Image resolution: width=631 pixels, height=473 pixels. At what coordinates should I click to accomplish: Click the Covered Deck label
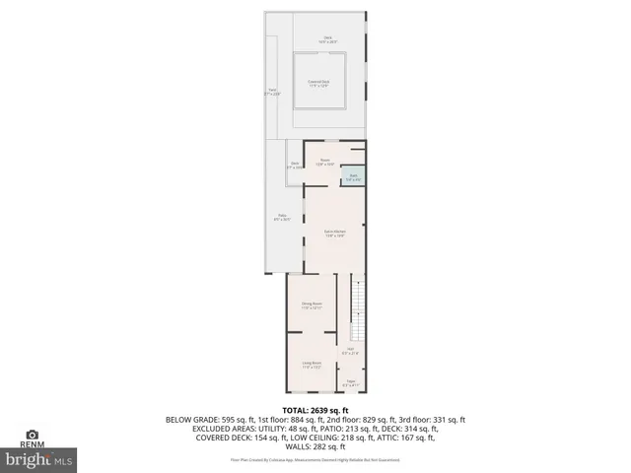(317, 83)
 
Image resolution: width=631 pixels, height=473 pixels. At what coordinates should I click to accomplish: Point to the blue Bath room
(353, 178)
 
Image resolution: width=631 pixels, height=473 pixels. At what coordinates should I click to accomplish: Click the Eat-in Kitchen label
(334, 234)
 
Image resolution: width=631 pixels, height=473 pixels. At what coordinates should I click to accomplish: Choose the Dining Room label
(312, 305)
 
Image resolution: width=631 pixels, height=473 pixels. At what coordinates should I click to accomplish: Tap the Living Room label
(312, 366)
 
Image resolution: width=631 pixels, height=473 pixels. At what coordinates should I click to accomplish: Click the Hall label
(349, 350)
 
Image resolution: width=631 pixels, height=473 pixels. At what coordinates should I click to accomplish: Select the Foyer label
(350, 382)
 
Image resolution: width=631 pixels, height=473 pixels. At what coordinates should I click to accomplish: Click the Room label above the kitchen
(324, 161)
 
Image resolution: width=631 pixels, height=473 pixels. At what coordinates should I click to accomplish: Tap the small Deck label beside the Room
(294, 166)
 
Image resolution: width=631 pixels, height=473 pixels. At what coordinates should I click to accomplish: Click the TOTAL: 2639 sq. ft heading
(315, 410)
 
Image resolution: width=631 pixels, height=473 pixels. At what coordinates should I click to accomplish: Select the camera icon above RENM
(33, 435)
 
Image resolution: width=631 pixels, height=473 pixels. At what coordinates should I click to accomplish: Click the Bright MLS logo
(39, 458)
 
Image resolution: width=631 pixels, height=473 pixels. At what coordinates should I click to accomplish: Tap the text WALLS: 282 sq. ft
(315, 446)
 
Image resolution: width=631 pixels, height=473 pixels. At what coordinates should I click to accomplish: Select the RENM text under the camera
(33, 444)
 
